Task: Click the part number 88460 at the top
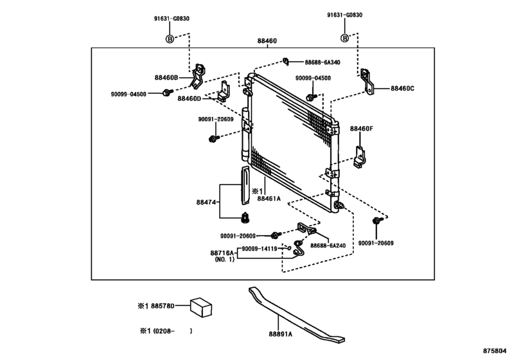click(x=267, y=40)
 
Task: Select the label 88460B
click(x=167, y=77)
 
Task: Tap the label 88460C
click(x=402, y=88)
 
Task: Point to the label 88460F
click(x=361, y=129)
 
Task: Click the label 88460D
click(x=190, y=98)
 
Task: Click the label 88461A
click(x=270, y=199)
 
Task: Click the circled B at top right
click(x=344, y=39)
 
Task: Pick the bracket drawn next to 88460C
click(x=369, y=82)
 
